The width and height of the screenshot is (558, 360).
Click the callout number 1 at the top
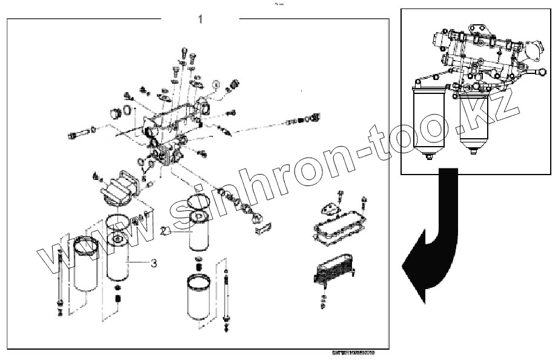coord(201,18)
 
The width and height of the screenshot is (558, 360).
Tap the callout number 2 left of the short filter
coord(164,231)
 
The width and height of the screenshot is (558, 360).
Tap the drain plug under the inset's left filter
coord(428,159)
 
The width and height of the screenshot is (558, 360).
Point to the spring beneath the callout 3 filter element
coord(118,298)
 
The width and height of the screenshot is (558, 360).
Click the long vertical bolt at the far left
coord(60,279)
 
